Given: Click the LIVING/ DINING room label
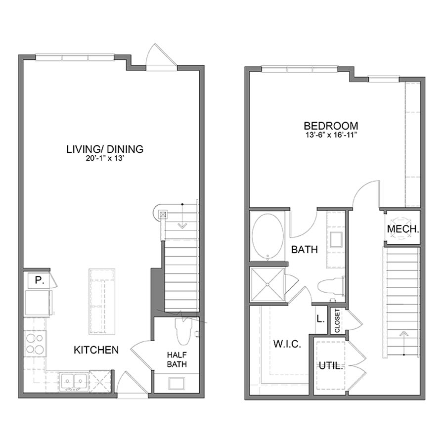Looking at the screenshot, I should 105,148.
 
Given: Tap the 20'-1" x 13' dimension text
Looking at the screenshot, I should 105,158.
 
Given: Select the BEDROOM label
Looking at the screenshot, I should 331,126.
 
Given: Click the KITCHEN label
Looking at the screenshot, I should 96,350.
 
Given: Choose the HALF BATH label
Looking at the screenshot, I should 176,360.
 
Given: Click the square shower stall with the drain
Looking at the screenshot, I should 267,284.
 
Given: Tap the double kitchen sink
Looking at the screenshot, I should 74,381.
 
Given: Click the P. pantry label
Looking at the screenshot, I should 38,280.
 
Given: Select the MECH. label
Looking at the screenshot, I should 403,229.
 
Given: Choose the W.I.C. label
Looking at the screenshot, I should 287,344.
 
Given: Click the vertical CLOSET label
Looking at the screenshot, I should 338,321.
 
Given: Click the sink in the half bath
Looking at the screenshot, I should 177,384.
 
